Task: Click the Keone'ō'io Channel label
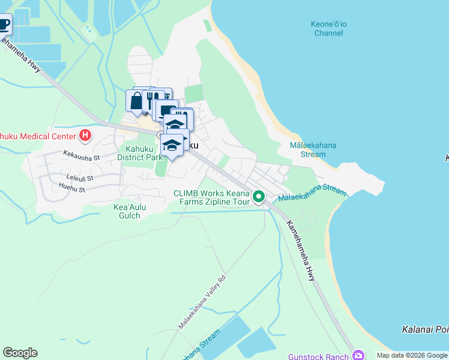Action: click(x=328, y=28)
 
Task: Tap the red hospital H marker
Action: click(x=85, y=135)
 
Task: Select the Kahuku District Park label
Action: click(x=140, y=153)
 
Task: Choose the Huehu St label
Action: click(x=73, y=188)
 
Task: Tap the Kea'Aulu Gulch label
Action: click(x=130, y=211)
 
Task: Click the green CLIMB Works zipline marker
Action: click(x=259, y=196)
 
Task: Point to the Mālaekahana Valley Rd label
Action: click(x=202, y=302)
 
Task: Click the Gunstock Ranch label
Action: click(x=318, y=356)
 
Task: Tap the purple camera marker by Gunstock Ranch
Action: click(x=358, y=355)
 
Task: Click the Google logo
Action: click(x=20, y=353)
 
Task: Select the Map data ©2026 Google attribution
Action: click(x=412, y=355)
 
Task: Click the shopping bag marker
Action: click(x=136, y=101)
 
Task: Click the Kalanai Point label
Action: click(x=424, y=329)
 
